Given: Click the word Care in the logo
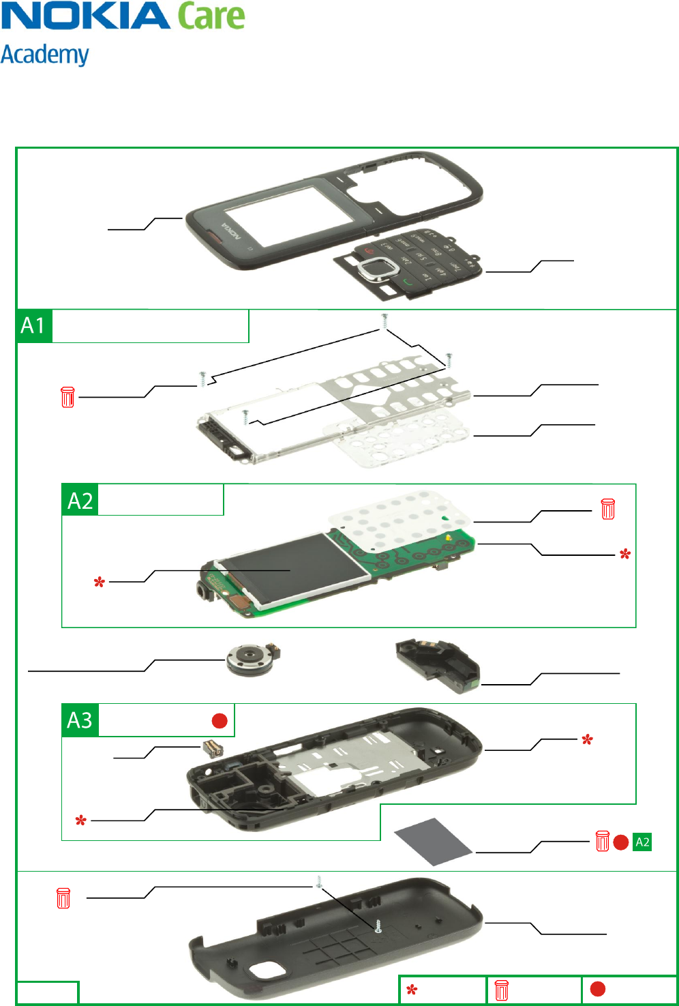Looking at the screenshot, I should pos(211,16).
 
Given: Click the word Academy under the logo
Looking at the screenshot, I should pos(45,55).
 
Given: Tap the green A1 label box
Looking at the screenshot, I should pos(34,326).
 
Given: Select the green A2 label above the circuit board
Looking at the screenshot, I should pos(80,501).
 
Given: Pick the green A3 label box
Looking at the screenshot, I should pos(80,720).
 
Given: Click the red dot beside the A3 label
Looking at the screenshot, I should pos(220,721).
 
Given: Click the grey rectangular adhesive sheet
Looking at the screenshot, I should pos(434,841).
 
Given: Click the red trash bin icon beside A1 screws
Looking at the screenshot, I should pos(67,397).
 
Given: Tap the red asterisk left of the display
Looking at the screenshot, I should pos(100,582).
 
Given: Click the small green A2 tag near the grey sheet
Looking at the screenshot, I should pos(642,842).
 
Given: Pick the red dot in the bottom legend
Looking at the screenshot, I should pos(598,989).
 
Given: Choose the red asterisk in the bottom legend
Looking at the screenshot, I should pos(412,990).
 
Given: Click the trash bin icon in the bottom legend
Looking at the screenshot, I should pos(502,990).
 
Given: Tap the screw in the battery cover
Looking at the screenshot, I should pos(377,926).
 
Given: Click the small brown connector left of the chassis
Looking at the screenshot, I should pos(212,748).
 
